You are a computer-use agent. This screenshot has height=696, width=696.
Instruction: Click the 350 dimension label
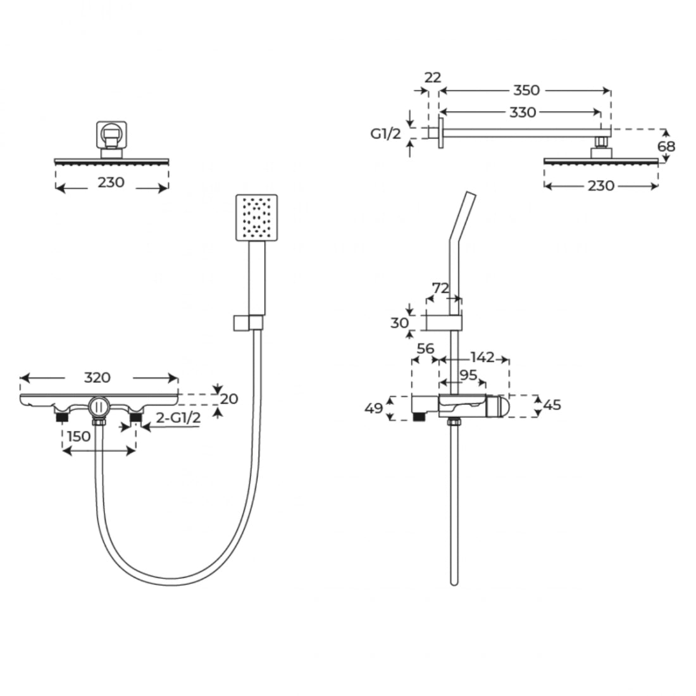(x=526, y=90)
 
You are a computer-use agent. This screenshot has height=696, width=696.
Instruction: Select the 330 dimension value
(x=523, y=112)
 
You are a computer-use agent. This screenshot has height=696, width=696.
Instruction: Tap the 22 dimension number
(x=433, y=77)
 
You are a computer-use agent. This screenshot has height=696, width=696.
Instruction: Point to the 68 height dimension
(x=666, y=146)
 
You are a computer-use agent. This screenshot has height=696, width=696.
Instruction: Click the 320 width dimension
(x=97, y=377)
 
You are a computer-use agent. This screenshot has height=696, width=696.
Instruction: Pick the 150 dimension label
(x=78, y=436)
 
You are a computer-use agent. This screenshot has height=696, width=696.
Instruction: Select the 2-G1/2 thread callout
(x=178, y=417)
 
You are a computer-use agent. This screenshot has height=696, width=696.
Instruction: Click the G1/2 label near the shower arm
(x=386, y=133)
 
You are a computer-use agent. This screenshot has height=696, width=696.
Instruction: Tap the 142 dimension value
(x=482, y=357)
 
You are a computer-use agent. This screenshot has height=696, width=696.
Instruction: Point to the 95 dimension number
(x=468, y=375)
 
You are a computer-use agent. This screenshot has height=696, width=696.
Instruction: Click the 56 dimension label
(x=425, y=349)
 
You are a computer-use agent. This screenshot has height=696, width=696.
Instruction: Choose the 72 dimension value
(x=441, y=288)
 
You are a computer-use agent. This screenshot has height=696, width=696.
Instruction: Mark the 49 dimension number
(x=373, y=408)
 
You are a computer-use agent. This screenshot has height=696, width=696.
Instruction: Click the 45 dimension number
(x=552, y=405)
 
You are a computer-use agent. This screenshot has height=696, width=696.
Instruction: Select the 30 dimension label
(x=399, y=323)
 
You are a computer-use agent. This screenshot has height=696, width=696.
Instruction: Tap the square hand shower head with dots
(x=257, y=218)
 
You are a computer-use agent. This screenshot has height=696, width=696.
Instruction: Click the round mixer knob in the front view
(x=99, y=407)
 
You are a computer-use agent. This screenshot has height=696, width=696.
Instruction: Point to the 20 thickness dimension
(x=229, y=399)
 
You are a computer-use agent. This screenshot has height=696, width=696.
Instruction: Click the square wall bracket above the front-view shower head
(x=111, y=135)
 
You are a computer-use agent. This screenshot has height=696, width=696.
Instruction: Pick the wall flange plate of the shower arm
(x=441, y=133)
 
